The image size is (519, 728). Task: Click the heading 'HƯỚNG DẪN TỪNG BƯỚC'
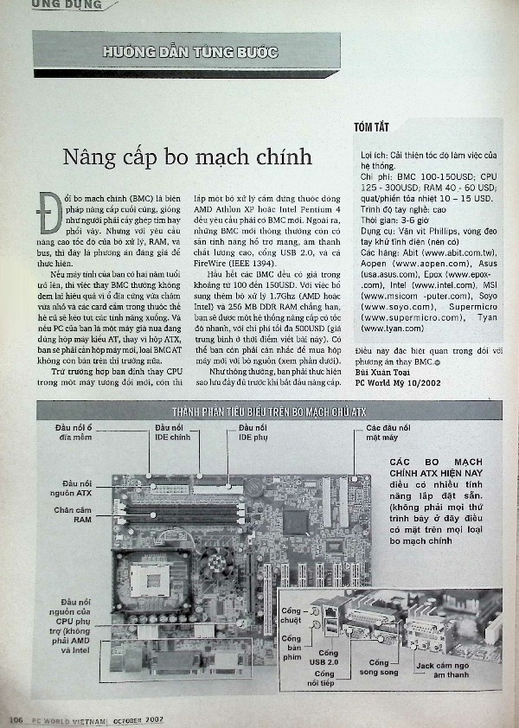[x=189, y=53]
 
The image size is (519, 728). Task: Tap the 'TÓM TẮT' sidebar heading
[x=371, y=128]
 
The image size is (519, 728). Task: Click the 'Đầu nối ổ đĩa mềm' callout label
[x=73, y=432]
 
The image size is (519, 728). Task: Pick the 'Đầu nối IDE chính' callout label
[x=172, y=432]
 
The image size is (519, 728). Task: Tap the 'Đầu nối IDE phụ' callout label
[x=253, y=432]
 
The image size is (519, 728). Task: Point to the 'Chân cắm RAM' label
[x=76, y=515]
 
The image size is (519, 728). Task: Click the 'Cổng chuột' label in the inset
[x=292, y=616]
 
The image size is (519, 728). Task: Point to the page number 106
[x=15, y=718]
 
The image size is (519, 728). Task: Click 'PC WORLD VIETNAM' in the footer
[x=69, y=719]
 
